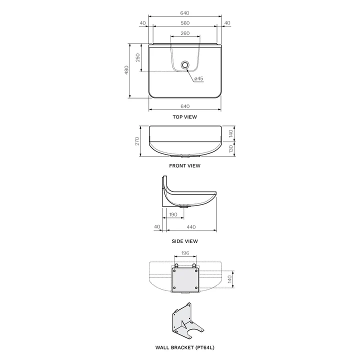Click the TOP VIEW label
pyautogui.click(x=184, y=116)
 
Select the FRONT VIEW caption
pyautogui.click(x=184, y=165)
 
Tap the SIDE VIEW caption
pyautogui.click(x=184, y=241)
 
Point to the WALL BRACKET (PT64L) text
pyautogui.click(x=184, y=346)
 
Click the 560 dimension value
pyautogui.click(x=184, y=23)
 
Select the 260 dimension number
pyautogui.click(x=184, y=34)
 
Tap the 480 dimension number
pyautogui.click(x=126, y=70)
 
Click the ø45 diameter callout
pyautogui.click(x=198, y=78)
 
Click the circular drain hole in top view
pyautogui.click(x=185, y=65)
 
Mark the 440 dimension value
pyautogui.click(x=190, y=227)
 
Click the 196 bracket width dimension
pyautogui.click(x=184, y=253)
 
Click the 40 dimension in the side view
pyautogui.click(x=157, y=227)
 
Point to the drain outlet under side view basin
pyautogui.click(x=185, y=206)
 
